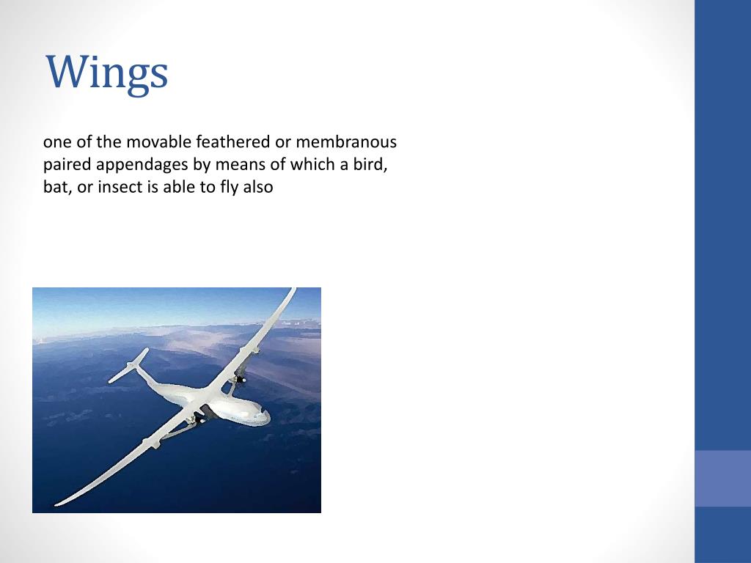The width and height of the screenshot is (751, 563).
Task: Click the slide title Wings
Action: point(107,73)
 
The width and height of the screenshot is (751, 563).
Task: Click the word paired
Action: point(65,164)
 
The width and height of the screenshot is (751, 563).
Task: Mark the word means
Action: point(236,164)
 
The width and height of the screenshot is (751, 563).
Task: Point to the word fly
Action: point(230,187)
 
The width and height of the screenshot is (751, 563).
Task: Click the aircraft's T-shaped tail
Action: point(129,367)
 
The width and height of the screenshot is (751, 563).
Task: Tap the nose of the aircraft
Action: point(264,416)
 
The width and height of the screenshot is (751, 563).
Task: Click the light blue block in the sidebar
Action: point(722,478)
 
